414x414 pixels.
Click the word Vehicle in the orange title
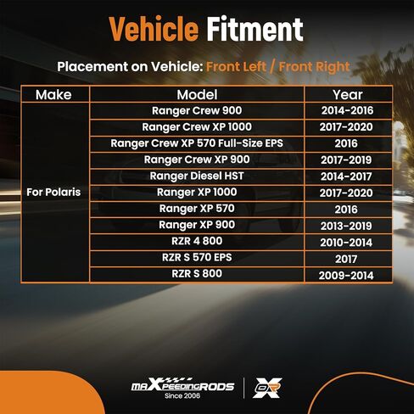coord(154,29)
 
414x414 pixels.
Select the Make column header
coord(53,95)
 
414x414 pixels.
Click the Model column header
coord(197,95)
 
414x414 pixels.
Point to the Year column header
coord(348,95)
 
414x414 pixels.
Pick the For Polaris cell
coord(53,193)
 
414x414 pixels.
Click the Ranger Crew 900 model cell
coord(197,110)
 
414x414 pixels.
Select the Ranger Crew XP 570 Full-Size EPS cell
coord(197,143)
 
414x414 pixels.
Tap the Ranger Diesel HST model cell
coord(197,176)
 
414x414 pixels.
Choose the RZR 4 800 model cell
coord(197,241)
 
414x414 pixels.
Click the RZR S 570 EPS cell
coord(197,258)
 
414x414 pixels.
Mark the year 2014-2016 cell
coord(347,110)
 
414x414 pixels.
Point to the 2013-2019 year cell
coord(346,226)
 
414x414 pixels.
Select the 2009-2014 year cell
coord(346,276)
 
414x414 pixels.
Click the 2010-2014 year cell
coord(346,243)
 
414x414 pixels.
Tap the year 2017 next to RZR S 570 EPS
coord(346,259)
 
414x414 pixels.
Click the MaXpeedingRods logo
coord(182,385)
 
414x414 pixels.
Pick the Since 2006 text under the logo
coord(182,396)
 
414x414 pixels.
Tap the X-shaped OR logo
coord(267,388)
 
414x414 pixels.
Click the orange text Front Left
coord(236,67)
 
